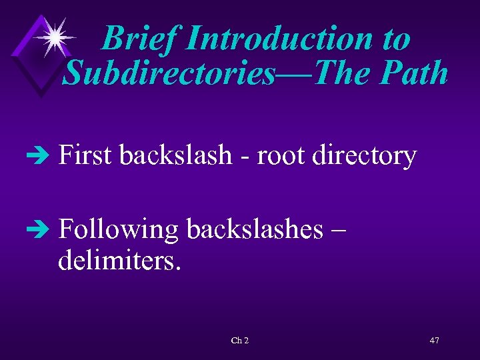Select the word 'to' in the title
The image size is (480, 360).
point(396,39)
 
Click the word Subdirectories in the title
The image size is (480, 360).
point(168,72)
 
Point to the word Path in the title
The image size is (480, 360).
point(414,72)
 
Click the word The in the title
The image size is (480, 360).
point(340,72)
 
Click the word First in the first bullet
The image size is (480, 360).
point(85,156)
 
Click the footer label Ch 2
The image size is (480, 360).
point(239,341)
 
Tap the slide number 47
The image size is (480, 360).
point(434,341)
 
